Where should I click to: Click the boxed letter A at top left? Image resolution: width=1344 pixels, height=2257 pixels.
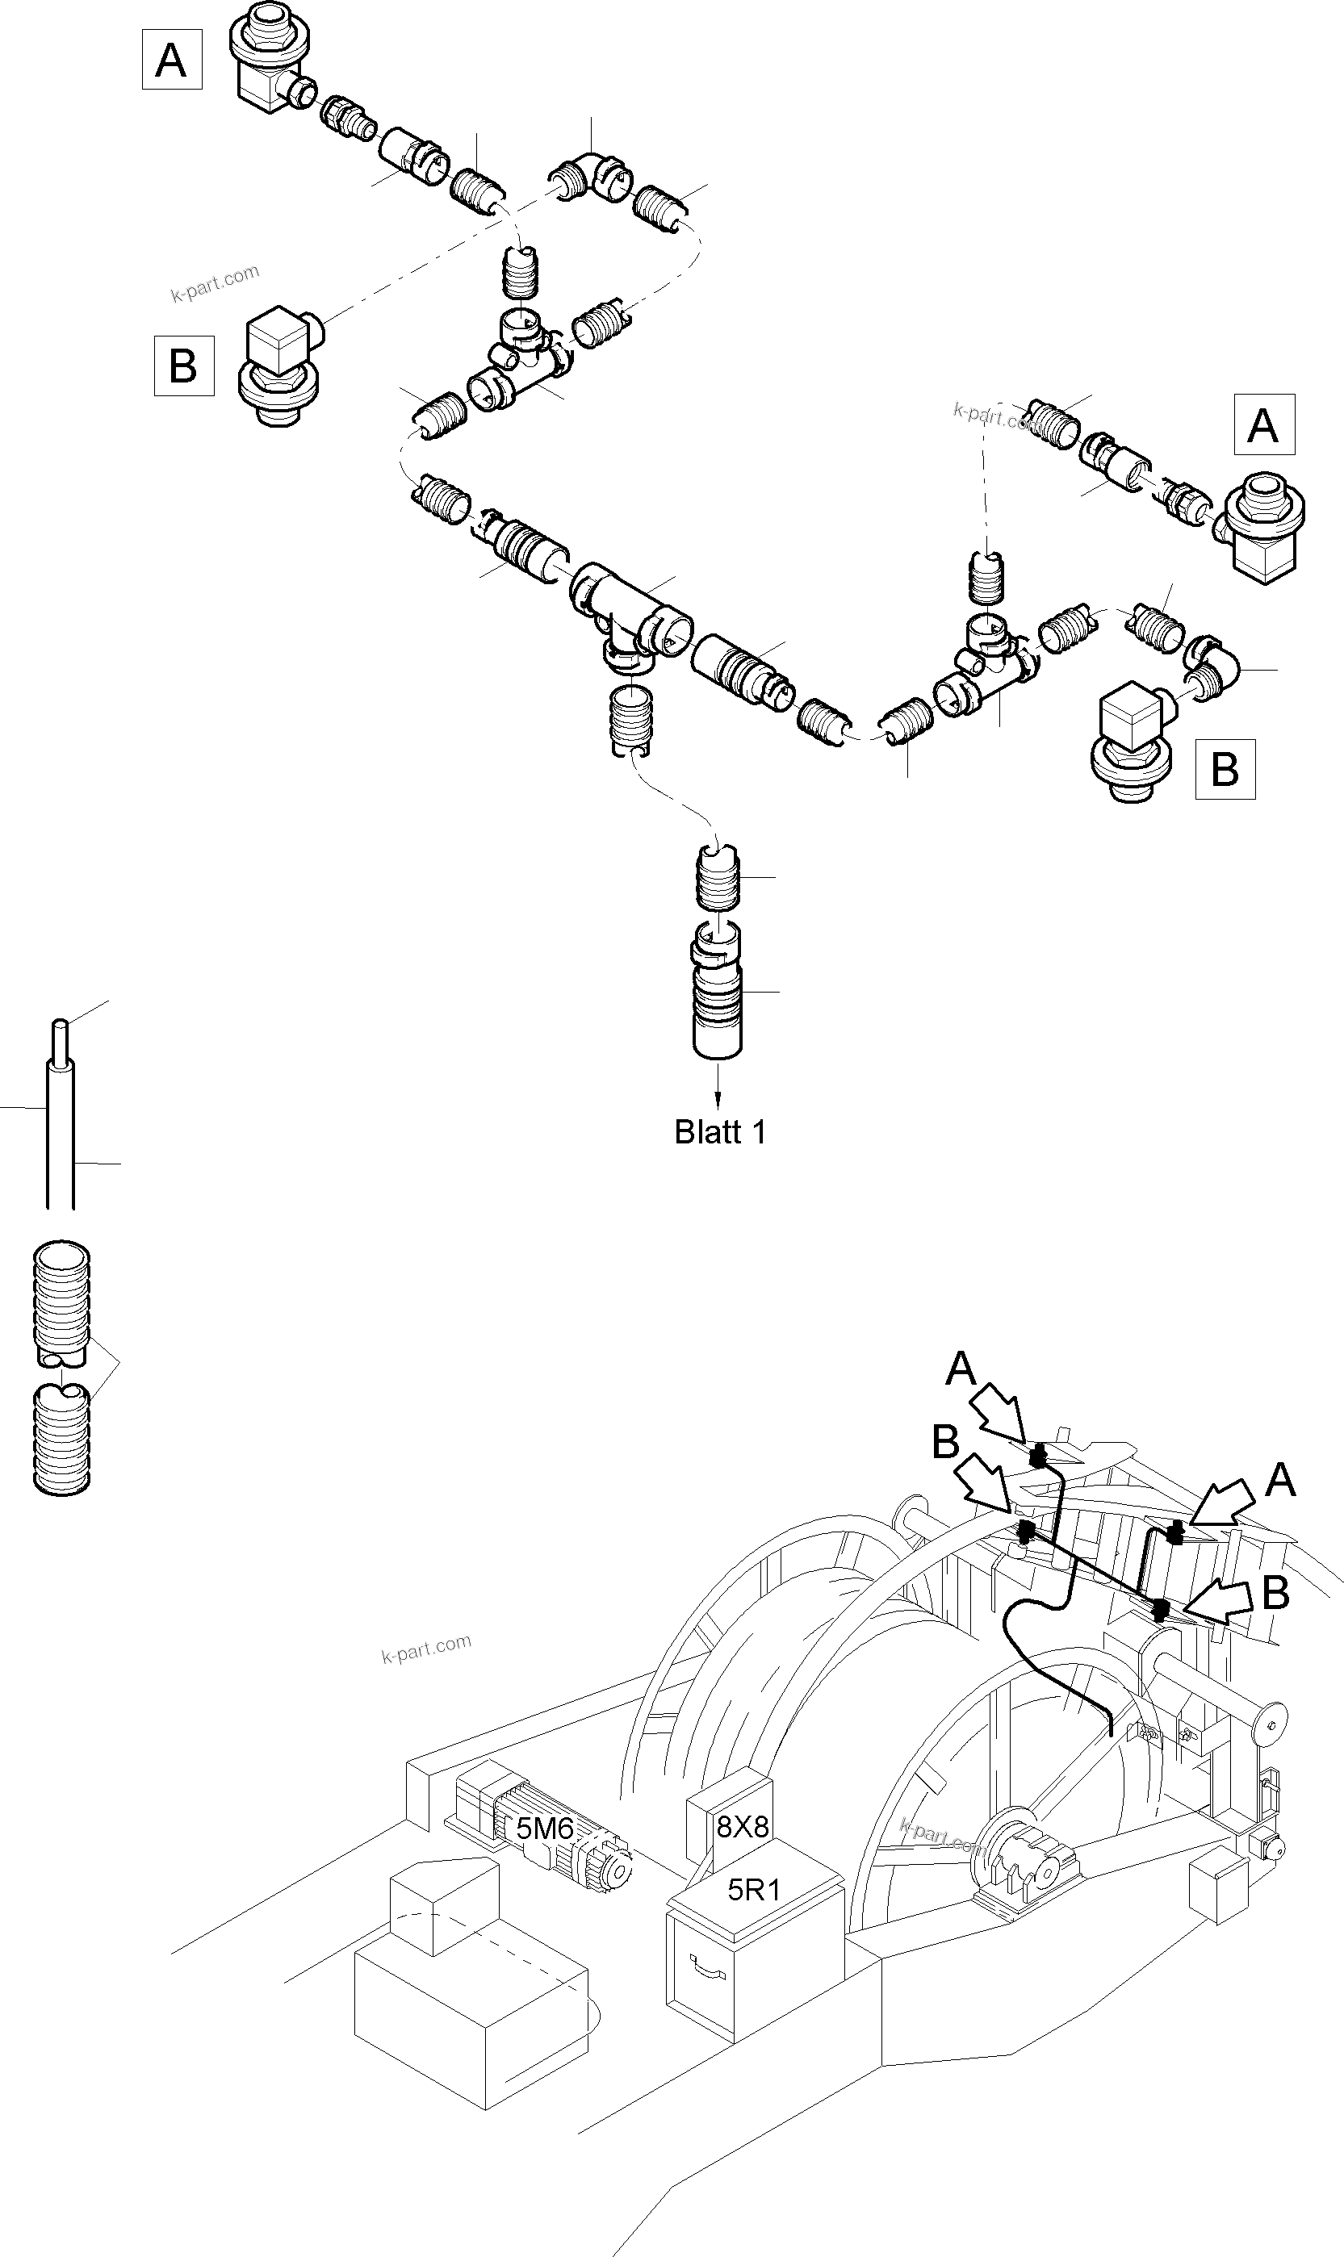coord(171,60)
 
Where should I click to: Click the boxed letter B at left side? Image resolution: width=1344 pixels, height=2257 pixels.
coord(184,366)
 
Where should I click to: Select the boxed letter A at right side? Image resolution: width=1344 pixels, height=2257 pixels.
coord(1263,424)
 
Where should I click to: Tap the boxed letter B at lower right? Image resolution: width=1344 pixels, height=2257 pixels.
coord(1225,770)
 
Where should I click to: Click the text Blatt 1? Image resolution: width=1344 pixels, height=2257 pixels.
coord(720,1133)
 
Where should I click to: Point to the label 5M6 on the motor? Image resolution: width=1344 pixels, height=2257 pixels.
coord(544,1829)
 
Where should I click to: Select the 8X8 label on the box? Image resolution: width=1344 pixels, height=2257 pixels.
coord(743,1827)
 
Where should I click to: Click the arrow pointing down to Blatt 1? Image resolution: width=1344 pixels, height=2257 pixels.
coord(719,1087)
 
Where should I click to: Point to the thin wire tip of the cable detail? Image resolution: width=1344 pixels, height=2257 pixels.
coord(60,1032)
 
